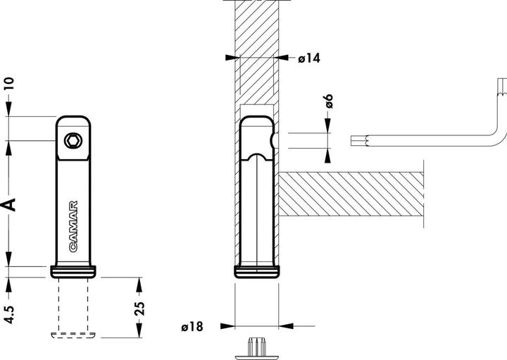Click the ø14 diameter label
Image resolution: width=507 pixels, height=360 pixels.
click(x=309, y=58)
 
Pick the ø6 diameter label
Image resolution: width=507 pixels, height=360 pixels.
click(x=328, y=101)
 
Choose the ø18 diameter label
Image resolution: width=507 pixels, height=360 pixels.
click(x=192, y=326)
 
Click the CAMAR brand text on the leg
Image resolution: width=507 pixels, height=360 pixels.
click(x=74, y=226)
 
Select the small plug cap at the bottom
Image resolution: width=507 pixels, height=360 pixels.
click(x=256, y=347)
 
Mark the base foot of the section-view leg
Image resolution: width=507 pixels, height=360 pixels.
click(x=257, y=272)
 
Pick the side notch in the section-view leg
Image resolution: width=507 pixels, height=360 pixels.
click(x=272, y=140)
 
